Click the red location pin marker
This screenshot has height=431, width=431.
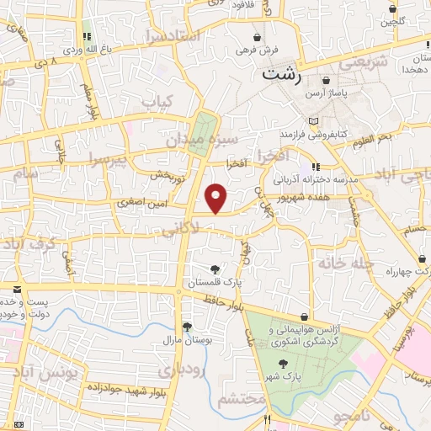[216, 197]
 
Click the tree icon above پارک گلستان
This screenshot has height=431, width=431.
[217, 269]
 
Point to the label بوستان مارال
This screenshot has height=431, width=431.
[186, 339]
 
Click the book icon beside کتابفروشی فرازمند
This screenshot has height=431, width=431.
[313, 122]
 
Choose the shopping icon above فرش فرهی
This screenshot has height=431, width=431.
[258, 38]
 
